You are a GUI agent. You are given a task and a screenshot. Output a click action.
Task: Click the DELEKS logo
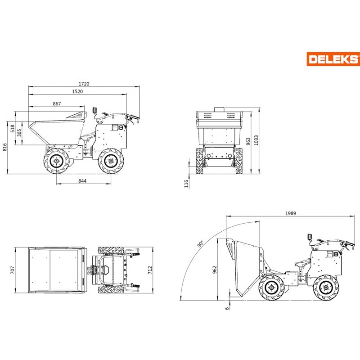pos(333,59)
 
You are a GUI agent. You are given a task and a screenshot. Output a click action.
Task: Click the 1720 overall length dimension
pos(84,84)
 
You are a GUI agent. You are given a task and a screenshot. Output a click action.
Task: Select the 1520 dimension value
pos(77,91)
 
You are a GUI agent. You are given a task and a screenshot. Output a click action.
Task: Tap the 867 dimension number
pos(57,104)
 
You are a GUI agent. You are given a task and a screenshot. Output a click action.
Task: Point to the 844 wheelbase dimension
pos(82,181)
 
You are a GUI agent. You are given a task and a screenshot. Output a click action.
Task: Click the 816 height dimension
pos(4,147)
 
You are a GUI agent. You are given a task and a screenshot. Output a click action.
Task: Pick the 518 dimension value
pos(13,129)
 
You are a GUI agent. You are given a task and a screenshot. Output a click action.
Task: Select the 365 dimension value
pos(19,133)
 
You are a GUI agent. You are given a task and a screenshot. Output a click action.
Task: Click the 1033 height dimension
pos(256,140)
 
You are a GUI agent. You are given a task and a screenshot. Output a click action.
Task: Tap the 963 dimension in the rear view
pos(248,141)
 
